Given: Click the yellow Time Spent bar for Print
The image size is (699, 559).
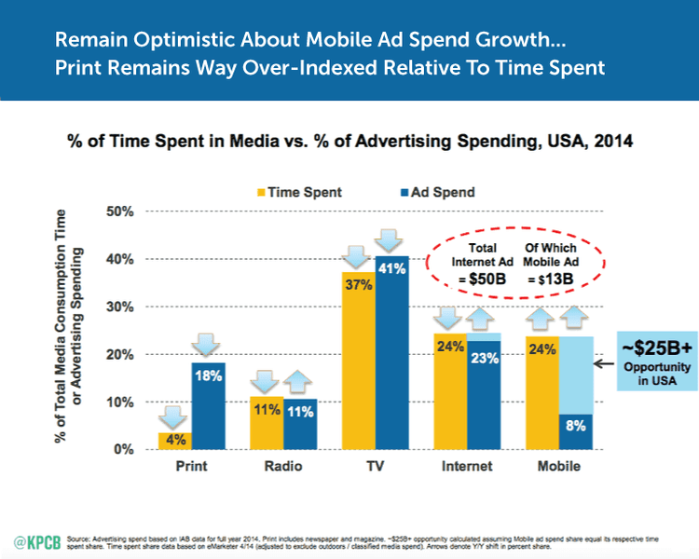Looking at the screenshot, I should [x=173, y=441].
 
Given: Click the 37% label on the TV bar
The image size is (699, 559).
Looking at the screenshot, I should [x=358, y=283].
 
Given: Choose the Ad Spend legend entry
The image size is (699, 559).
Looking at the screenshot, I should [x=415, y=192].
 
